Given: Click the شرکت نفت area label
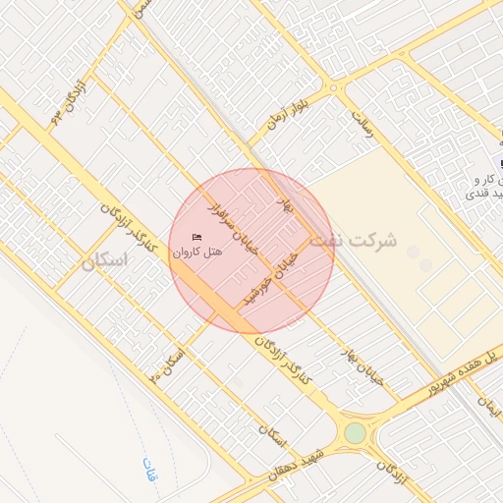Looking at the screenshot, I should [x=353, y=240].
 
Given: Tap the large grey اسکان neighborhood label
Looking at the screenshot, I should [x=107, y=261].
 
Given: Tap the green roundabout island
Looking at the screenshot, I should [x=355, y=433].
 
